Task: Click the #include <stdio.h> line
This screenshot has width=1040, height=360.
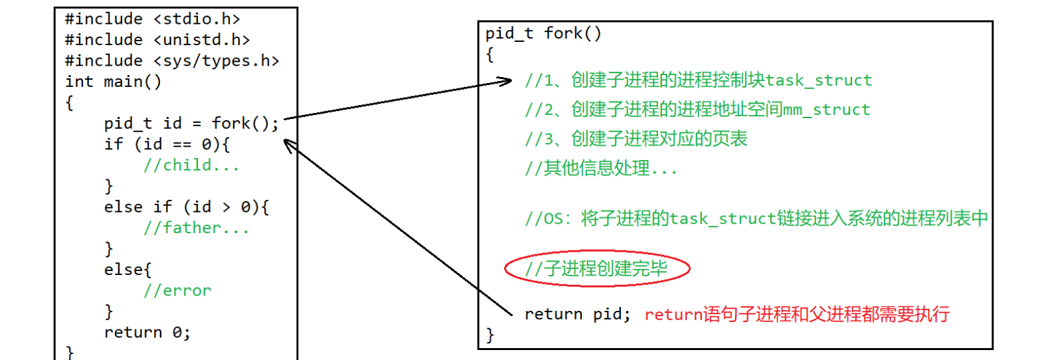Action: tap(153, 19)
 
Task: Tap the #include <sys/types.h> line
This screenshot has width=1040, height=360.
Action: tap(172, 60)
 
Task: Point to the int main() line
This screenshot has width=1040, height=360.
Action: tap(113, 82)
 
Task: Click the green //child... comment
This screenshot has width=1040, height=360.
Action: tap(191, 165)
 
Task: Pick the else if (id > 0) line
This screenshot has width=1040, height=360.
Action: tap(186, 207)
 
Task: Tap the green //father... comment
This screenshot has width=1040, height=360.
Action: tap(196, 228)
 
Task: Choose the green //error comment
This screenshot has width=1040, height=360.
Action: tap(177, 290)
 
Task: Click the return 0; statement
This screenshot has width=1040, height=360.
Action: tap(147, 332)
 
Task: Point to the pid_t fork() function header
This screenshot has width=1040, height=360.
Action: tap(543, 34)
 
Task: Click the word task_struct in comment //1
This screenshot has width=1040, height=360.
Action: tap(818, 81)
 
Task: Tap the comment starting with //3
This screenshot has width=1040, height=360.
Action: tap(636, 138)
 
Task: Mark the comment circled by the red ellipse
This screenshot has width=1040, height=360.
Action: tap(596, 268)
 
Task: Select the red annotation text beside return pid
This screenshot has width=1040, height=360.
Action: tap(797, 314)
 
